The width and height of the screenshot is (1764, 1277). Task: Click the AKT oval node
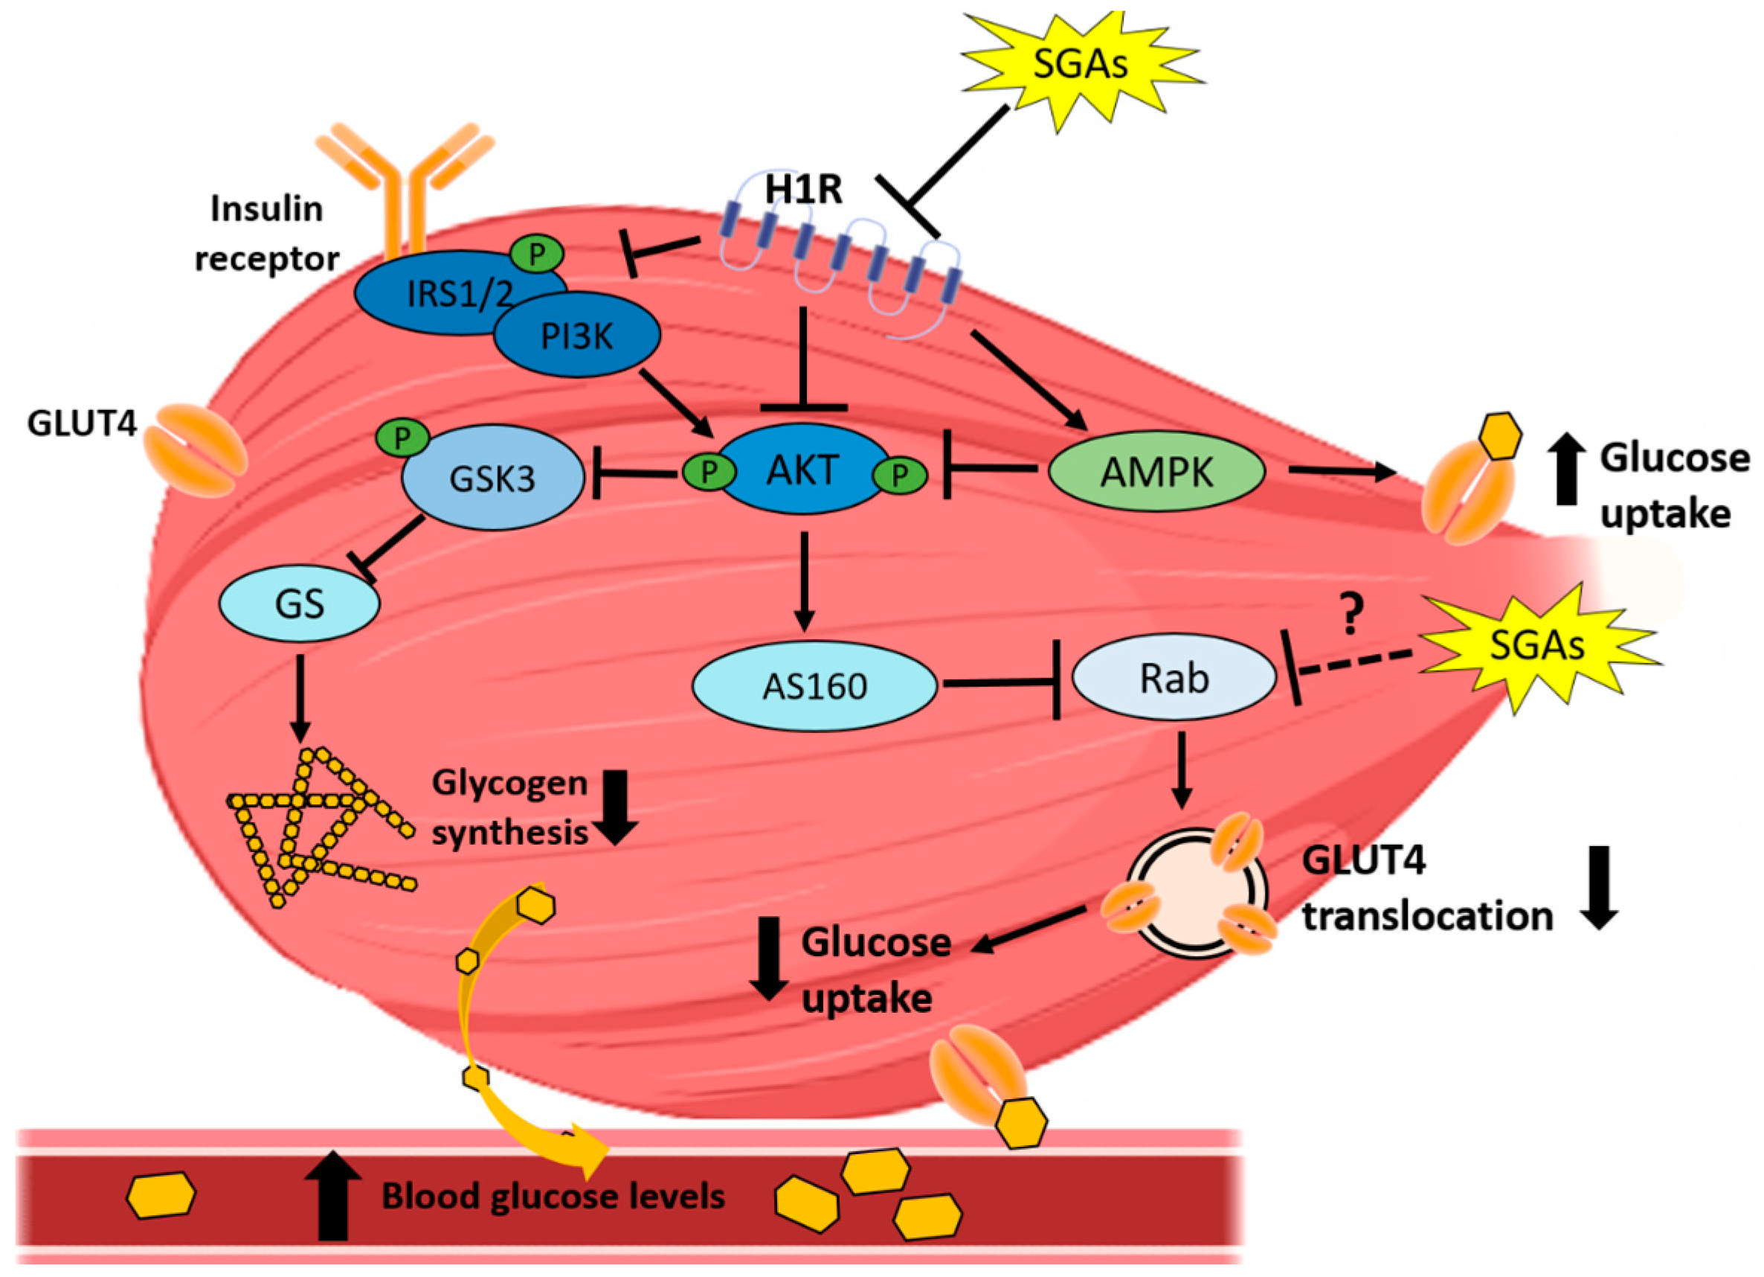click(803, 470)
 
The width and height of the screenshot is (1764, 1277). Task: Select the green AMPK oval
click(1156, 472)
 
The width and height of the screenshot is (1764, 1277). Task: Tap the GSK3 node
click(492, 478)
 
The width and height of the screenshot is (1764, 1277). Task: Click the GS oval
click(300, 603)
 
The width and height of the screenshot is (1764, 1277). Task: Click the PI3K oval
click(577, 335)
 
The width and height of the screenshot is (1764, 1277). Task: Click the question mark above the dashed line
click(1352, 614)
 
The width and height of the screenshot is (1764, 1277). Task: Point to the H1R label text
click(803, 189)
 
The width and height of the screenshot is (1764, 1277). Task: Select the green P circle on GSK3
click(402, 439)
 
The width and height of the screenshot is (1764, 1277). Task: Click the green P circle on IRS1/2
click(537, 255)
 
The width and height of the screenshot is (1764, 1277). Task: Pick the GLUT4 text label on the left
click(82, 424)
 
